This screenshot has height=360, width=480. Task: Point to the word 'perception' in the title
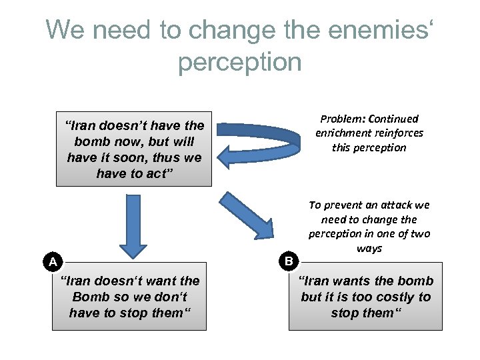click(x=240, y=62)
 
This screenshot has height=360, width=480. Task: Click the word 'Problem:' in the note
click(x=342, y=119)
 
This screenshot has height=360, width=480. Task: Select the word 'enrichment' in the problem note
click(x=344, y=133)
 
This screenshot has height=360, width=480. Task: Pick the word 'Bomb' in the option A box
click(x=91, y=297)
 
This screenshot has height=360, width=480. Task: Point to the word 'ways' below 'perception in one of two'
click(x=369, y=248)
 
